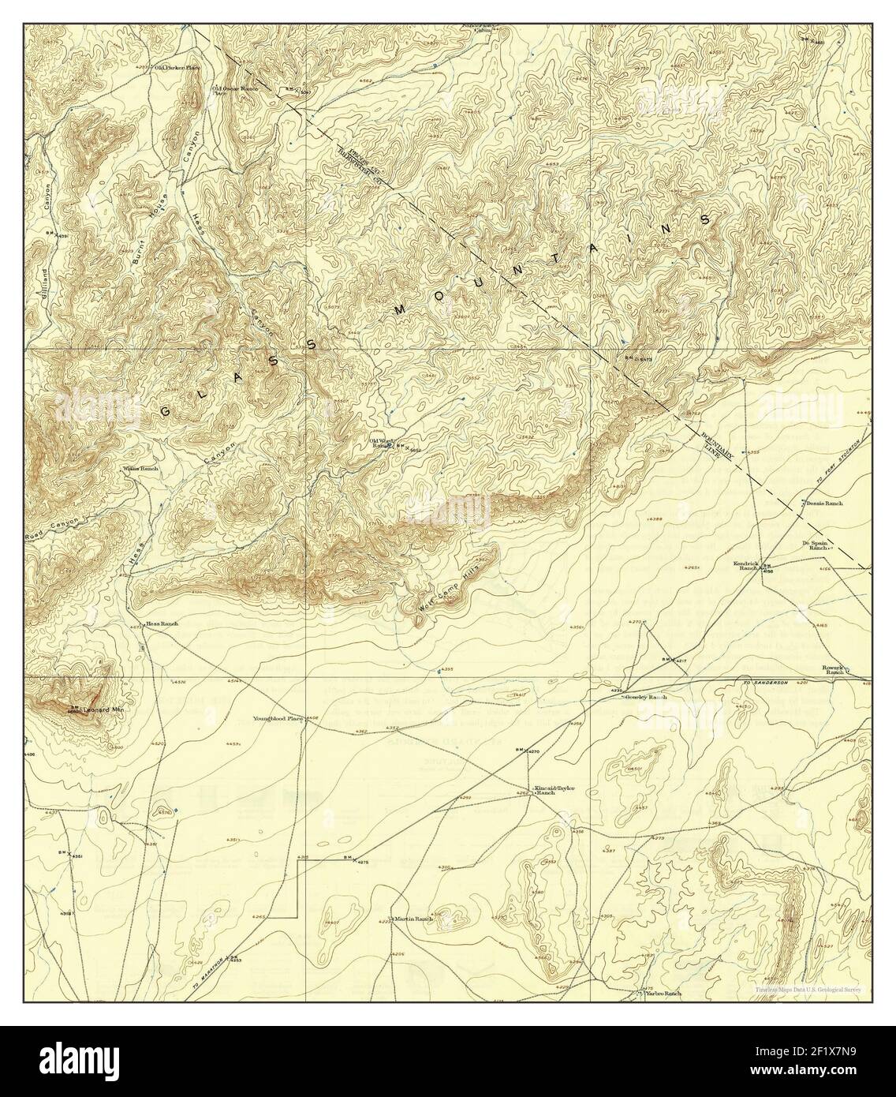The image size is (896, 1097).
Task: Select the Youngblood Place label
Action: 278,718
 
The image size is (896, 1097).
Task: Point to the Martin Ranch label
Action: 414,919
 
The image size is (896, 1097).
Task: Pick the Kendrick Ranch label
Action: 746,566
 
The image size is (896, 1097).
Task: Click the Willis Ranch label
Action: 140,469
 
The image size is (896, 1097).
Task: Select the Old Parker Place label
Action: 177,68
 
